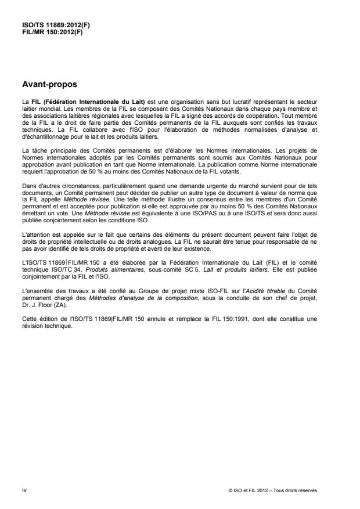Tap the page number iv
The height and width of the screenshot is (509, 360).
pyautogui.click(x=23, y=490)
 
